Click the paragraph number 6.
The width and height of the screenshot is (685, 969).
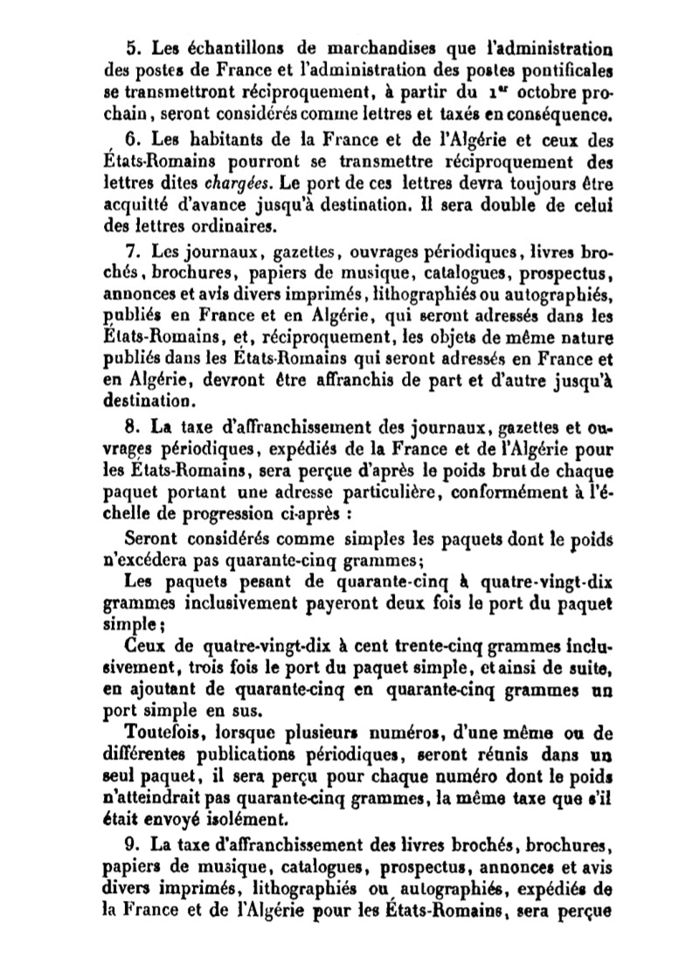click(x=134, y=140)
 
